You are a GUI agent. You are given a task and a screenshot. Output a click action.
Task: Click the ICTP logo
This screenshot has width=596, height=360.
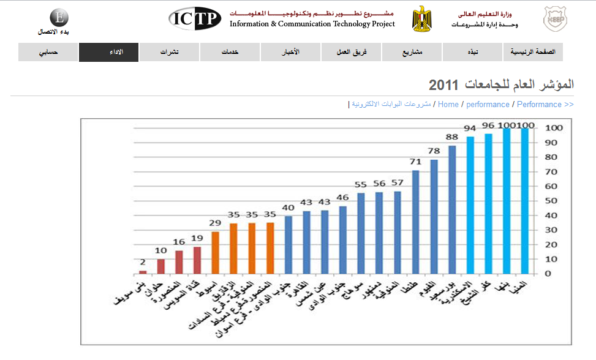click(x=195, y=18)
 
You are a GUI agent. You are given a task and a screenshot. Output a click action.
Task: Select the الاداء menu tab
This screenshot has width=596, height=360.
click(x=109, y=52)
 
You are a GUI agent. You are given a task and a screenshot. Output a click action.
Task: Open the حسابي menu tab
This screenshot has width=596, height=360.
click(x=48, y=52)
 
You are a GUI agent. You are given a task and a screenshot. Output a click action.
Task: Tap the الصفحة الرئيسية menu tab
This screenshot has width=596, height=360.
click(x=532, y=52)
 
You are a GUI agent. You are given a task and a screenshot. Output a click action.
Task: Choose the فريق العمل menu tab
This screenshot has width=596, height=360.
click(x=351, y=52)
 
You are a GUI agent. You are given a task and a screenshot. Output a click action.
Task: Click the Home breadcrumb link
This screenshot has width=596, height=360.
click(x=448, y=105)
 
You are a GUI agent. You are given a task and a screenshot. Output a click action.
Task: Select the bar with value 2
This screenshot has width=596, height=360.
click(x=143, y=272)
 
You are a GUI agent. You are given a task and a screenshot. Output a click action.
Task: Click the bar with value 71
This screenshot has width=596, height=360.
click(x=415, y=222)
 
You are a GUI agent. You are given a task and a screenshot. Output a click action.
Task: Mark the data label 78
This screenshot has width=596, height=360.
click(x=434, y=151)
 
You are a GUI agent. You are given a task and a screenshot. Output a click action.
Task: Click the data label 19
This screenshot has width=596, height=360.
click(x=197, y=238)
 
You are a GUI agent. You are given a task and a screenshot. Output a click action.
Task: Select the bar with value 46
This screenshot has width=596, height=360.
click(x=343, y=240)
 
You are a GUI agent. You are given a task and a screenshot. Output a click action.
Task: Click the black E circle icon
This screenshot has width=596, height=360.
click(x=58, y=17)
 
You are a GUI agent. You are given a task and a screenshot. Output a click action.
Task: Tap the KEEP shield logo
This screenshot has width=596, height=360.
click(x=554, y=19)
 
